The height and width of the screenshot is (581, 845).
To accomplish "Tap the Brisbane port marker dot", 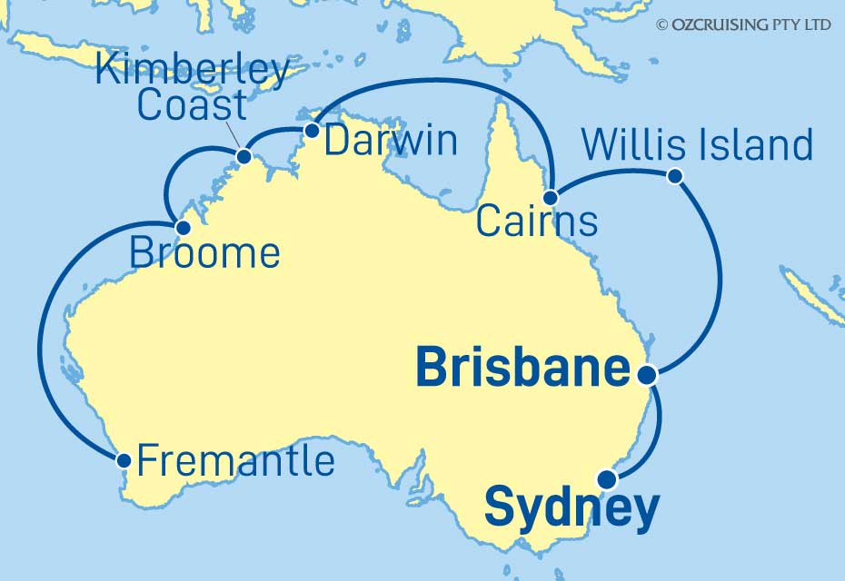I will tap(646, 373).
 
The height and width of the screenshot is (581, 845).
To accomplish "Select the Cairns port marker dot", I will tap(551, 197).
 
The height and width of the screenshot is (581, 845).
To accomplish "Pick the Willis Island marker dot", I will tap(674, 176).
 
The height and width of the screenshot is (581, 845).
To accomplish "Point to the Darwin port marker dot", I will tap(312, 131).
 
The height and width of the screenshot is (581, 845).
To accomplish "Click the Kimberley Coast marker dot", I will tap(244, 157).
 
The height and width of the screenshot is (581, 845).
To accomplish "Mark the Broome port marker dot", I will tap(183, 227).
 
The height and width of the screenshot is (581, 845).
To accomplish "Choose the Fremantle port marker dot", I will tap(124, 460).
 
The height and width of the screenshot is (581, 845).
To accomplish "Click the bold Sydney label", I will tap(572, 509).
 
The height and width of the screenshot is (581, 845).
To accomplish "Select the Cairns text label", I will tap(537, 222).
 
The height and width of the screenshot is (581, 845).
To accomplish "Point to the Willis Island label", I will tap(697, 145).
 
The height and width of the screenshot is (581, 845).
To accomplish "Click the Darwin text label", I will tap(391, 142).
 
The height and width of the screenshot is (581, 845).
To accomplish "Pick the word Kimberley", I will tap(193, 71).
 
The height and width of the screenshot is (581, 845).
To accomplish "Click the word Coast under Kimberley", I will tap(192, 105).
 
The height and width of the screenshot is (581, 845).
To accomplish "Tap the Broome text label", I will tap(204, 253).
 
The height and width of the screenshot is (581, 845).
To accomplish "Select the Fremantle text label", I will tap(235, 461).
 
